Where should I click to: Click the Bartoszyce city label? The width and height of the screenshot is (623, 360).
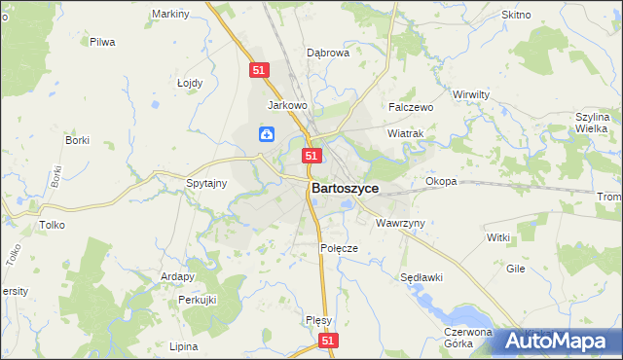[x=345, y=188]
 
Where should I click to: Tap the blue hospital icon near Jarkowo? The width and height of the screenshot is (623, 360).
[x=266, y=134]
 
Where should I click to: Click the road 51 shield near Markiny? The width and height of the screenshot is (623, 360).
[x=258, y=70]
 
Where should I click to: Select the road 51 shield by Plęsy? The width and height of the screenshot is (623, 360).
[x=329, y=341]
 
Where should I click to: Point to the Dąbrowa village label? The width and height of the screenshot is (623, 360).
[x=328, y=54]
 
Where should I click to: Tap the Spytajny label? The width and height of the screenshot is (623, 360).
[x=206, y=182]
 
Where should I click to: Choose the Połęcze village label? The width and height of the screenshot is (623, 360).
[x=340, y=248]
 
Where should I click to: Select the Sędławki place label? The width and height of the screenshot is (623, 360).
[x=422, y=277]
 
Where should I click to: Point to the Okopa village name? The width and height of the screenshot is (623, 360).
[x=441, y=182]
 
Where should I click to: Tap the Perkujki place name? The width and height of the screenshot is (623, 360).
[x=197, y=300]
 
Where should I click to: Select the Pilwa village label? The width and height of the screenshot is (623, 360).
[x=102, y=42]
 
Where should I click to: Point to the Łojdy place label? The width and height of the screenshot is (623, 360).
[x=190, y=83]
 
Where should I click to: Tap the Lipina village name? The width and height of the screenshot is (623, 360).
[x=183, y=346]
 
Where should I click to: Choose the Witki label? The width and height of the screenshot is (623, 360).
[x=498, y=237]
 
